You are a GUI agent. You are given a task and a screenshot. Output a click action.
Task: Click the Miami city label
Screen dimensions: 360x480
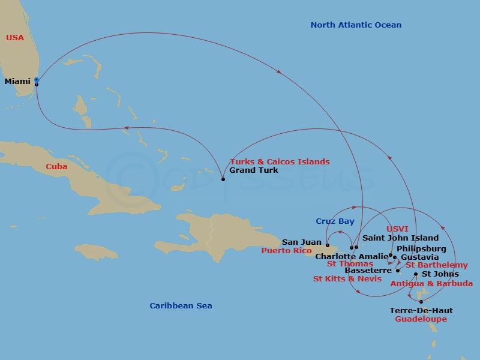point(17,81)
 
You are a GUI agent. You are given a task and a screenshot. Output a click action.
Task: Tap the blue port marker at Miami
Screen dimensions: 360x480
point(37,80)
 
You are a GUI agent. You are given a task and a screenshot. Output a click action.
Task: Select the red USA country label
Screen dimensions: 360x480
point(15,38)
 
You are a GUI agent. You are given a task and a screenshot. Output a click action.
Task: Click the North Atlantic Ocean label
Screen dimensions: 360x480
point(356,25)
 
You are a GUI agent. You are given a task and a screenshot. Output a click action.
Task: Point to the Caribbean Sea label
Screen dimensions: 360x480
point(181,305)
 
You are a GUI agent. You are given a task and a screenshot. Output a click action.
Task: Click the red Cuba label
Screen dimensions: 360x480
point(56,166)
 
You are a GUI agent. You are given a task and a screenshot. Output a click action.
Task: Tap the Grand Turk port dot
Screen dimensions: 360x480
point(223,179)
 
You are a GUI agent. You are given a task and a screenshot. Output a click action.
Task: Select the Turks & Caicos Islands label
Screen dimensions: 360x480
point(280,161)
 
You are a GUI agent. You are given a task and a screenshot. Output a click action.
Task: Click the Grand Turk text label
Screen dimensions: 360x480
point(254,170)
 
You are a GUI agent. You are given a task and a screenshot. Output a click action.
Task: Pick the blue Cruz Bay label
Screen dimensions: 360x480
point(335,221)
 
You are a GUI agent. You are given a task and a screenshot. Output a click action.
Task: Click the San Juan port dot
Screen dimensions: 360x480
point(328,245)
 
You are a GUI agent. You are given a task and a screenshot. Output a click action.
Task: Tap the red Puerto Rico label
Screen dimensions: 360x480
point(287,251)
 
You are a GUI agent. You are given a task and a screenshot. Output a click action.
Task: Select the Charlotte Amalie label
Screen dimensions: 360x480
point(347,256)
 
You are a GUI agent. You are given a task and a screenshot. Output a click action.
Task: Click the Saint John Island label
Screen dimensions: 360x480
point(400,238)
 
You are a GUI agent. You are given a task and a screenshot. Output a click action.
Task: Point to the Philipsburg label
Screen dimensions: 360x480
point(421,248)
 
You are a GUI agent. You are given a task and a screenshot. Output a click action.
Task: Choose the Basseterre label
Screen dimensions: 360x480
point(368,270)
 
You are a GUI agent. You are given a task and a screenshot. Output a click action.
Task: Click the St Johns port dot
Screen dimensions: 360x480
point(416,274)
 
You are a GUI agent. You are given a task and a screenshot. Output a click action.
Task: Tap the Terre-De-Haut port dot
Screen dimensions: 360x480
point(421,302)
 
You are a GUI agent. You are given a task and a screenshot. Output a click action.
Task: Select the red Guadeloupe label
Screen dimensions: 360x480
point(421,319)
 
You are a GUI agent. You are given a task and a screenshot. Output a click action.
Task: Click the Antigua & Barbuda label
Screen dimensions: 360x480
point(431,283)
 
